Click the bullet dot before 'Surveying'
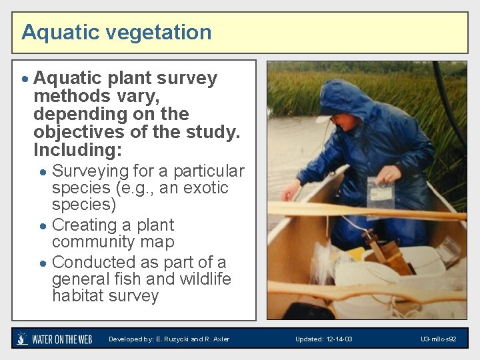coord(43,172)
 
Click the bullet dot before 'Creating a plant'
coord(43,226)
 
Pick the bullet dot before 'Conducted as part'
coord(43,263)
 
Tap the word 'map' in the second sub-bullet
coord(160,242)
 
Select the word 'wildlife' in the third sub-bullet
coord(203,279)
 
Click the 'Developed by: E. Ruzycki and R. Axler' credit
coord(169,339)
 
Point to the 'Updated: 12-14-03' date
coord(324,339)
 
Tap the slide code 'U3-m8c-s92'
coord(438,339)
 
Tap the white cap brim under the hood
coord(325,119)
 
